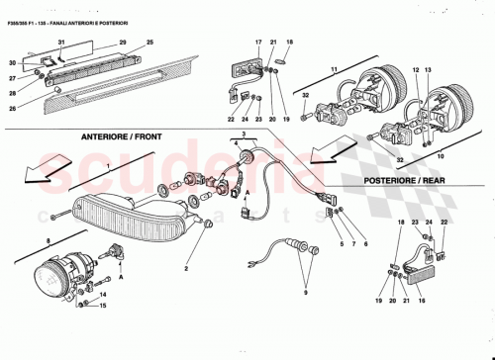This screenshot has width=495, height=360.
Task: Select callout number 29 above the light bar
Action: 124,43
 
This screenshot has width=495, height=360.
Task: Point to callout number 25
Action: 150,43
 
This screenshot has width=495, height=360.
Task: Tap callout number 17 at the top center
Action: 255,42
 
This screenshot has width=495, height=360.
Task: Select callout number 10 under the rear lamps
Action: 441,155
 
